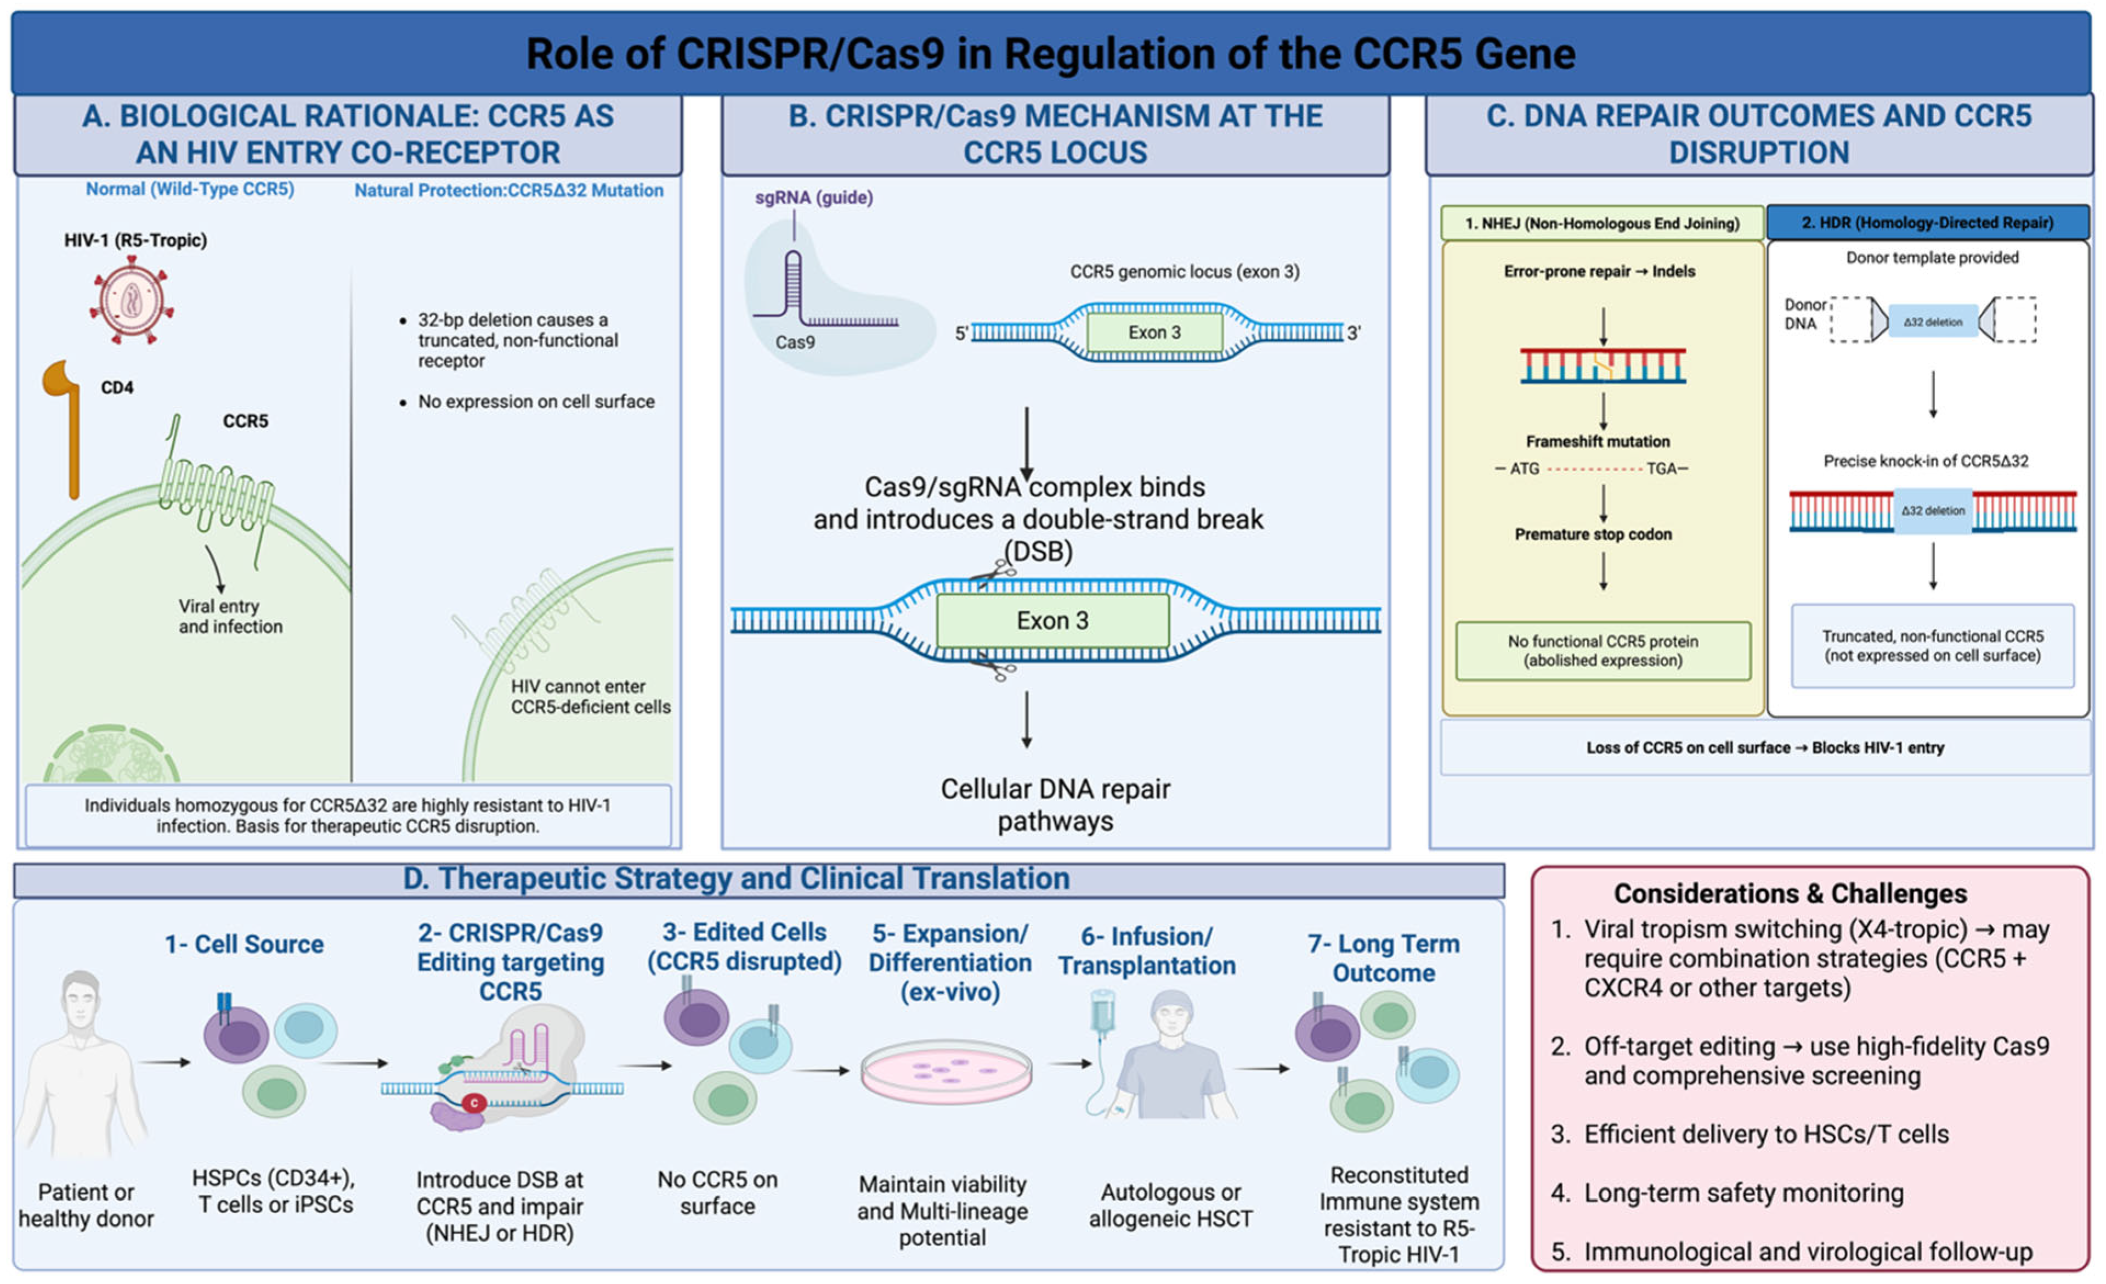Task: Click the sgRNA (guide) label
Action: click(814, 198)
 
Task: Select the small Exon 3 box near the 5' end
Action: click(1154, 333)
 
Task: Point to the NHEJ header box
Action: click(1603, 223)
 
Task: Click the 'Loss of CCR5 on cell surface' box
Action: click(1765, 748)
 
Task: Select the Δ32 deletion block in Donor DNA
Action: click(1933, 322)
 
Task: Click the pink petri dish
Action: click(946, 1072)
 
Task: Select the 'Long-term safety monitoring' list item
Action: click(1743, 1193)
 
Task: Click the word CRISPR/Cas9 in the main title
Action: click(811, 54)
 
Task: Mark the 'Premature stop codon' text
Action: click(1593, 534)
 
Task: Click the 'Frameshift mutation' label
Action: click(1598, 442)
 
